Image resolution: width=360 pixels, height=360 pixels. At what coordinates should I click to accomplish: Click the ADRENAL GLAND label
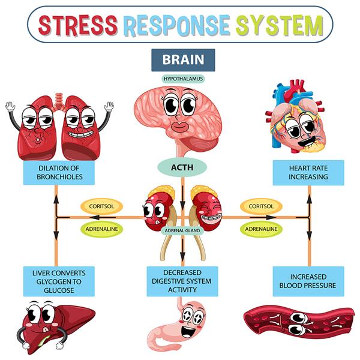coord(182,230)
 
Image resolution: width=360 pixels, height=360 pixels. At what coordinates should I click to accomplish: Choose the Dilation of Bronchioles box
coord(58,172)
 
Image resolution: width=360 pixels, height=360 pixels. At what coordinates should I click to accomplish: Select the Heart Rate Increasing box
coord(308,172)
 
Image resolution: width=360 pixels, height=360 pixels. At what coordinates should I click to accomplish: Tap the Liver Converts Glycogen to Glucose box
coord(58,281)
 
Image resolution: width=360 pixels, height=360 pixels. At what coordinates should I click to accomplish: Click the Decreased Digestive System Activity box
coord(182,281)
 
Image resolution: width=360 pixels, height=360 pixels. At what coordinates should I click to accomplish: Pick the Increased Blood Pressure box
coord(308,281)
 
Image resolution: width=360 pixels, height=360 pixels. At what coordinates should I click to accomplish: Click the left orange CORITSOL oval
coord(101,206)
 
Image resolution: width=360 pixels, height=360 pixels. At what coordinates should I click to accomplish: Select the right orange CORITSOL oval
coord(261,206)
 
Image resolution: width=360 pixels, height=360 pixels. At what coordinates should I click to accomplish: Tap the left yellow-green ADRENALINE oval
coord(101,229)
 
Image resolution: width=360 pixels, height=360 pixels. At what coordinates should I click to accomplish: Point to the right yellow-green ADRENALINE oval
coord(261,229)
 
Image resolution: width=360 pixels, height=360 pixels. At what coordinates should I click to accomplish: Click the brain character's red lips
coord(182,127)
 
